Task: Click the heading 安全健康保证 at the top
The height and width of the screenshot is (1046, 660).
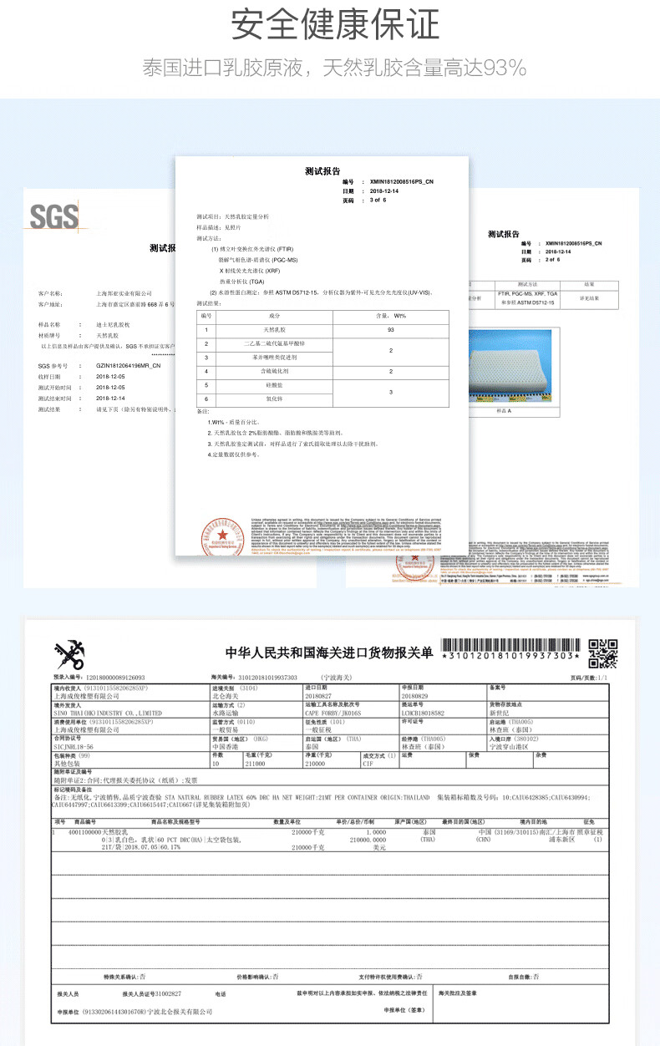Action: tap(334, 25)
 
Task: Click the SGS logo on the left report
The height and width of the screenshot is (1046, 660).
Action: tap(53, 216)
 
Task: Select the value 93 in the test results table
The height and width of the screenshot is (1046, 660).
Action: tap(390, 330)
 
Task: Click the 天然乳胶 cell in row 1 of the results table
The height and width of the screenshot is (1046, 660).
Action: tap(275, 330)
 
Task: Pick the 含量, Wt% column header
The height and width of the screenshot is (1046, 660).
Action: tap(390, 315)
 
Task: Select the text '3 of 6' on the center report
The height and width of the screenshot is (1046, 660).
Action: tap(378, 200)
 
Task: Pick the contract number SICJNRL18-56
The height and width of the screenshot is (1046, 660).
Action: tap(74, 747)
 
